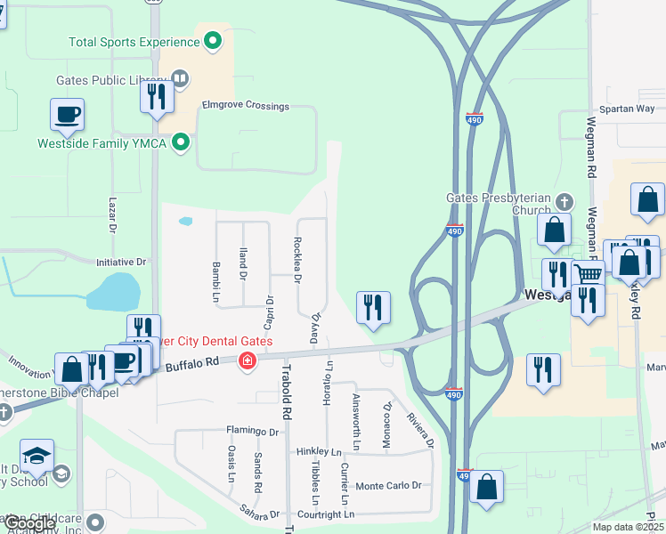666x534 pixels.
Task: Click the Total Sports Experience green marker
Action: click(213, 41)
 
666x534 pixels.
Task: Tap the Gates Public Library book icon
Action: click(181, 80)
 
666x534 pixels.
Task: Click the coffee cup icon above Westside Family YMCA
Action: click(67, 115)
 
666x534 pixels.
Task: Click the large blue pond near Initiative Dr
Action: click(114, 291)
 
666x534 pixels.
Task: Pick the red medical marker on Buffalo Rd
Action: click(247, 361)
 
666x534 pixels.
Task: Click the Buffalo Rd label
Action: click(192, 363)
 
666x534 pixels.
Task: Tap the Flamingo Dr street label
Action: click(253, 432)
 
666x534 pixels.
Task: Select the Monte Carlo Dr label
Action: click(387, 486)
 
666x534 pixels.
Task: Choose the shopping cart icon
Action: click(588, 274)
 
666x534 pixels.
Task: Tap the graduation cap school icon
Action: click(37, 457)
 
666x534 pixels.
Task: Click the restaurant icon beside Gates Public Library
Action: click(157, 95)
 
